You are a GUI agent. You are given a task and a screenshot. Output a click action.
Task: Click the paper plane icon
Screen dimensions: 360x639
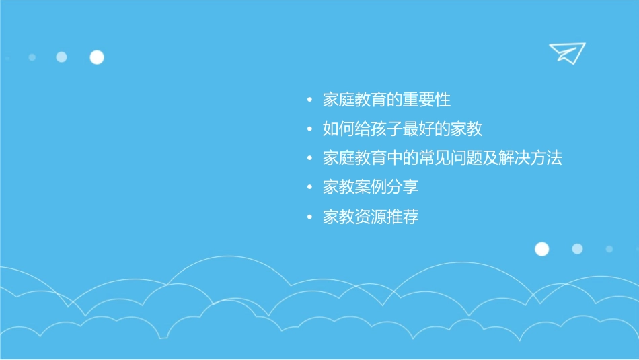coord(567,52)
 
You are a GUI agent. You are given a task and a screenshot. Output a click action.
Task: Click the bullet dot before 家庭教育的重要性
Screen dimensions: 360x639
coord(309,100)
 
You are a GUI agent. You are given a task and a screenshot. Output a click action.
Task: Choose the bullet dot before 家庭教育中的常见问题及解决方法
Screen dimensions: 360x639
coord(309,159)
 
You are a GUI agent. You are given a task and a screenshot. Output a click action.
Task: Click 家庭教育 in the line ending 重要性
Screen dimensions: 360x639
coord(354,100)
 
